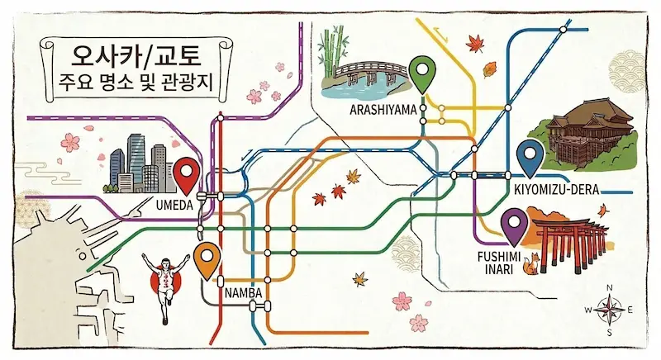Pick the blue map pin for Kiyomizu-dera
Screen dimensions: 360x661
click(x=528, y=155)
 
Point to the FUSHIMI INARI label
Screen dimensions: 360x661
click(x=500, y=262)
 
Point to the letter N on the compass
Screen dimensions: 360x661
click(x=609, y=287)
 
